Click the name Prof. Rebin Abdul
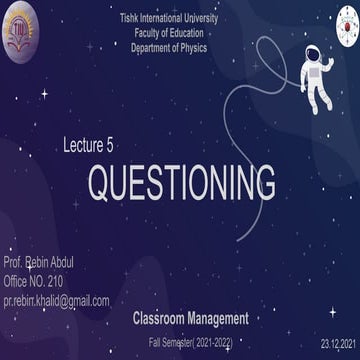39,263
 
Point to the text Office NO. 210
34,281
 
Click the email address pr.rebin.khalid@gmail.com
56,300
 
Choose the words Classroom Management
190,320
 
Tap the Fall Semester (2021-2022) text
188,342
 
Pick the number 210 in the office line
54,281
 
